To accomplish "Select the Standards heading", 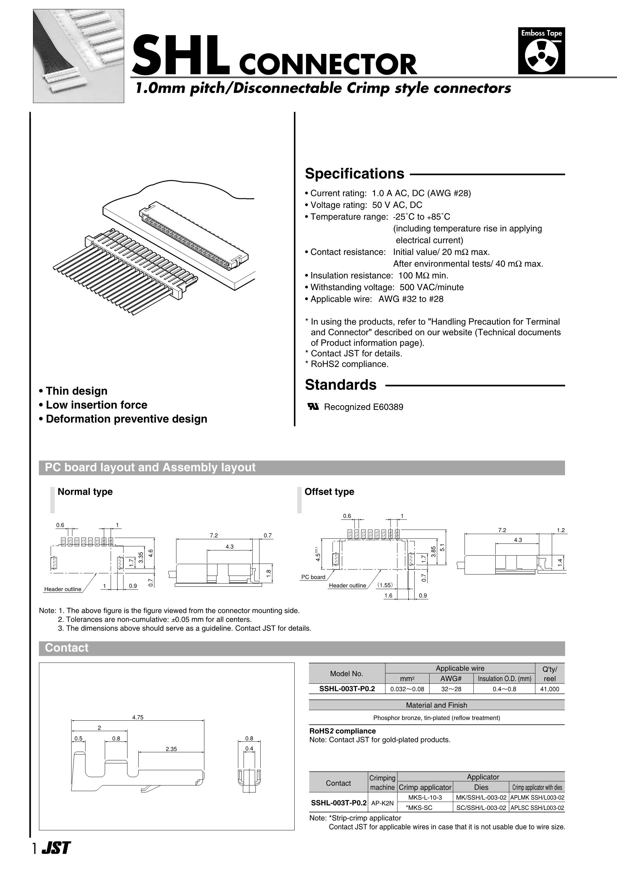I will (340, 385).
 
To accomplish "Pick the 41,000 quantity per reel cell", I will (550, 689).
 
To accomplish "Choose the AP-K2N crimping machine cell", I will (382, 803).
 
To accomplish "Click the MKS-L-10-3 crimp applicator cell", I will (425, 797).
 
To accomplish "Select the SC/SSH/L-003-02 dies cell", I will (481, 808).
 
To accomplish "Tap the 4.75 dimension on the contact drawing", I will (138, 717).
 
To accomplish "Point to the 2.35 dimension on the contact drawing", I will (171, 749).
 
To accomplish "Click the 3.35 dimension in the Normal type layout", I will (141, 557).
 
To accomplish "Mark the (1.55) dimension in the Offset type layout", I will (385, 585).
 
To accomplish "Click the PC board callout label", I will (313, 577).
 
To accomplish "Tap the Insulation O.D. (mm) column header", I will (504, 679).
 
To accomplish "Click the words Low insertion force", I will (96, 405).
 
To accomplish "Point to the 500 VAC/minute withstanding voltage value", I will (431, 287).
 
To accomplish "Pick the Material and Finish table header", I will (436, 705).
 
